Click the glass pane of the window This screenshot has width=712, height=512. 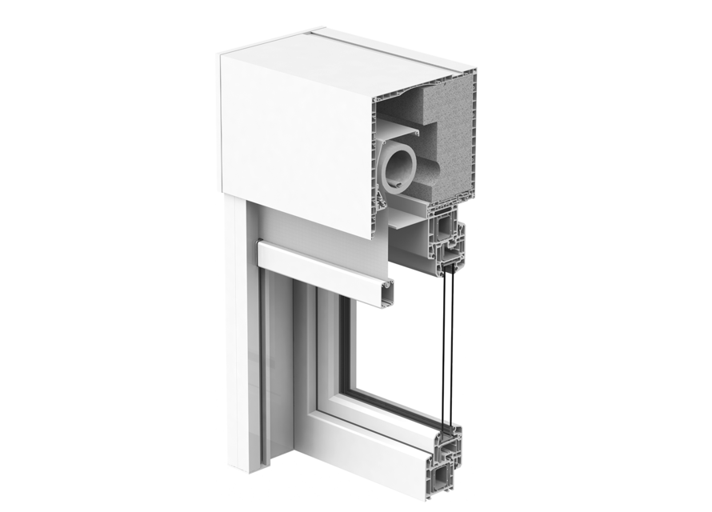[392, 352]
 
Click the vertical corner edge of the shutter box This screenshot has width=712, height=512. [374, 160]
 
